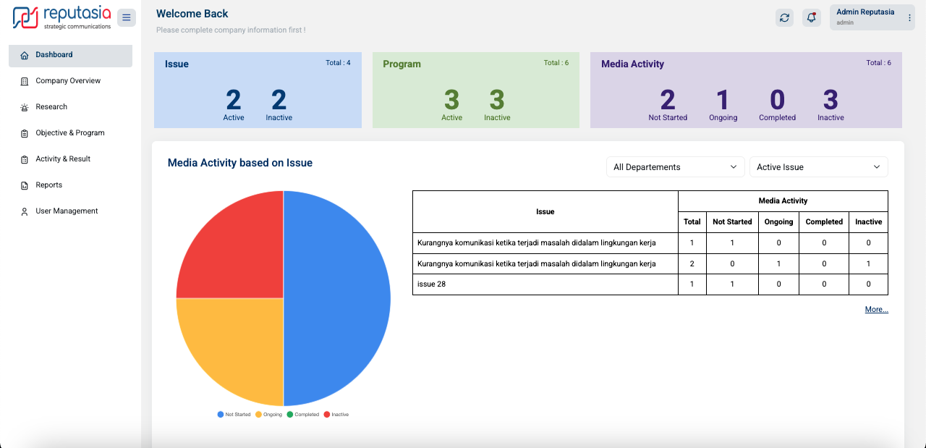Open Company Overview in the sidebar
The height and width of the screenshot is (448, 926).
tap(68, 81)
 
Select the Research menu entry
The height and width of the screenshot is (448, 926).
tap(51, 107)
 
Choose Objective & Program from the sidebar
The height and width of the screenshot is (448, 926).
tap(70, 133)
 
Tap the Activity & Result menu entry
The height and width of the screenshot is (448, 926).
tap(63, 159)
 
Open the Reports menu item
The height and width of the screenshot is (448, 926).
tap(49, 185)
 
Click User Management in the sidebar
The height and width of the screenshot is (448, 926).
tap(67, 211)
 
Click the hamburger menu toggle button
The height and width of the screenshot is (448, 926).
tap(127, 17)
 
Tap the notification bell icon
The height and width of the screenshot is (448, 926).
tap(811, 17)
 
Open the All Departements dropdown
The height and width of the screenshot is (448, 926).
tap(675, 167)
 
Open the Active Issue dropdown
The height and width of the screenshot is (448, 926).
tap(818, 167)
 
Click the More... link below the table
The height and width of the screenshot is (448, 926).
tap(876, 310)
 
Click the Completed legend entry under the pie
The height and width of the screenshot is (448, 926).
tap(303, 415)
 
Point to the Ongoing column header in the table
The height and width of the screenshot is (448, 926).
tap(778, 222)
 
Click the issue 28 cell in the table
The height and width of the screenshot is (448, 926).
tap(432, 284)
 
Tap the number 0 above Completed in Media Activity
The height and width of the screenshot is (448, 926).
tap(777, 100)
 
